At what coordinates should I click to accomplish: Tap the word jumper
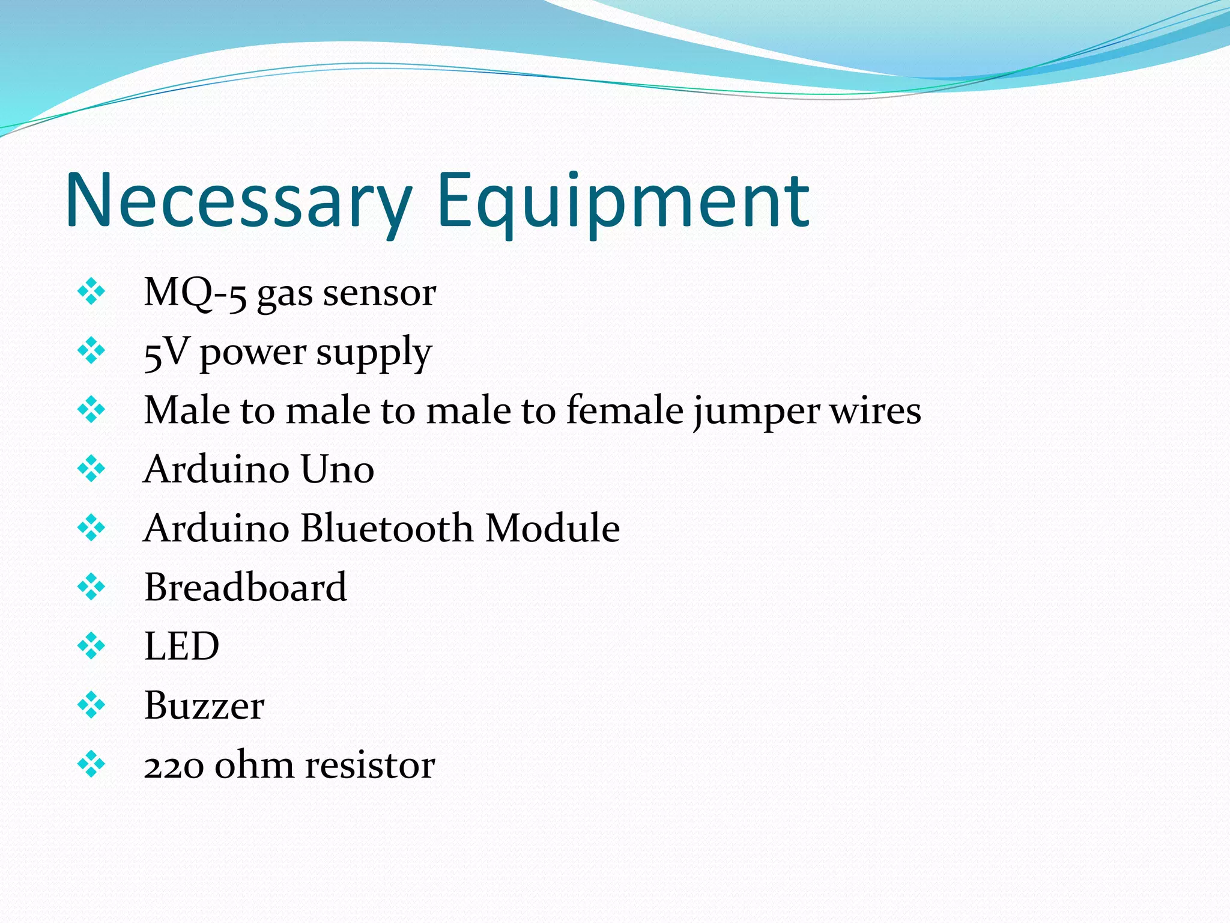[755, 413]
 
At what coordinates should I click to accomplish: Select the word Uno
[337, 469]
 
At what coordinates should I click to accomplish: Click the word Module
[553, 528]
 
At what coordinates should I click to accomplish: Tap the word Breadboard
[246, 587]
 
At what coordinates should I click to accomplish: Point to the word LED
[181, 647]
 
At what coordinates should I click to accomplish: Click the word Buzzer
[204, 705]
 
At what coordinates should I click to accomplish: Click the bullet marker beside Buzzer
[91, 705]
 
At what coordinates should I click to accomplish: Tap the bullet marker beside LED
[91, 646]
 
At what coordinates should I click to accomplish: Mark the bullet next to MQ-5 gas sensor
[91, 292]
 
